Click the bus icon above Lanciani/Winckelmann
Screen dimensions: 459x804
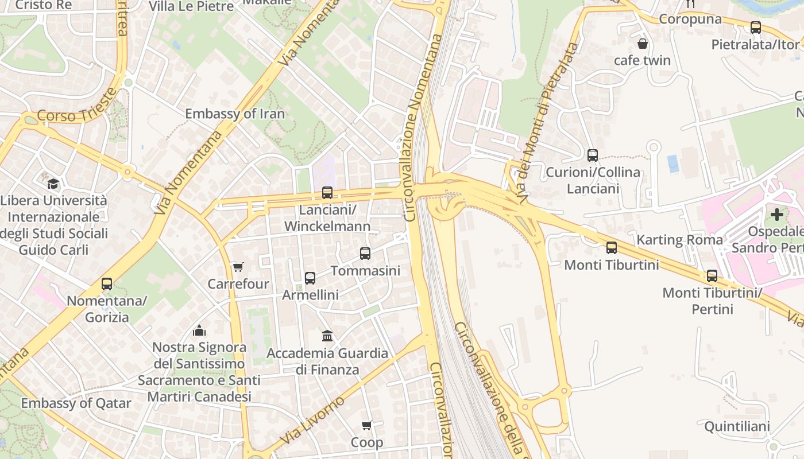click(x=327, y=193)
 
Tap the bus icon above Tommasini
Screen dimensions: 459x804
click(x=365, y=253)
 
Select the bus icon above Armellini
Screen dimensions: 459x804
click(x=310, y=278)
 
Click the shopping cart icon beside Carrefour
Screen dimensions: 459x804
click(x=238, y=267)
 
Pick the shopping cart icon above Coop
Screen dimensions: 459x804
click(x=367, y=425)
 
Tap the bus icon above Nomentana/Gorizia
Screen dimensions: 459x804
click(x=107, y=283)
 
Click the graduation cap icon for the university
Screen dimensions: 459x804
click(x=53, y=184)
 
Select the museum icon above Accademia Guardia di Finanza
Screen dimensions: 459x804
click(x=327, y=336)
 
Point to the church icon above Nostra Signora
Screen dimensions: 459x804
click(x=199, y=330)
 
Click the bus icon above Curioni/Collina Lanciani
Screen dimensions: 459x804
click(x=593, y=155)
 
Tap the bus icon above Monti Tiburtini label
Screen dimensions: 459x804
click(x=612, y=248)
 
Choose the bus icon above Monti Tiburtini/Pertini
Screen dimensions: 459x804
click(x=712, y=275)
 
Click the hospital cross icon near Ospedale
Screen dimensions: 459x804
click(x=777, y=215)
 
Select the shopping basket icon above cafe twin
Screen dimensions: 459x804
click(x=643, y=43)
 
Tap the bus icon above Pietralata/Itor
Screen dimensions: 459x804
click(x=756, y=27)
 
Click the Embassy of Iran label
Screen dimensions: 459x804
click(x=235, y=114)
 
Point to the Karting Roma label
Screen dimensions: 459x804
click(x=679, y=240)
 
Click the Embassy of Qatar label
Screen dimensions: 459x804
click(x=76, y=403)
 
